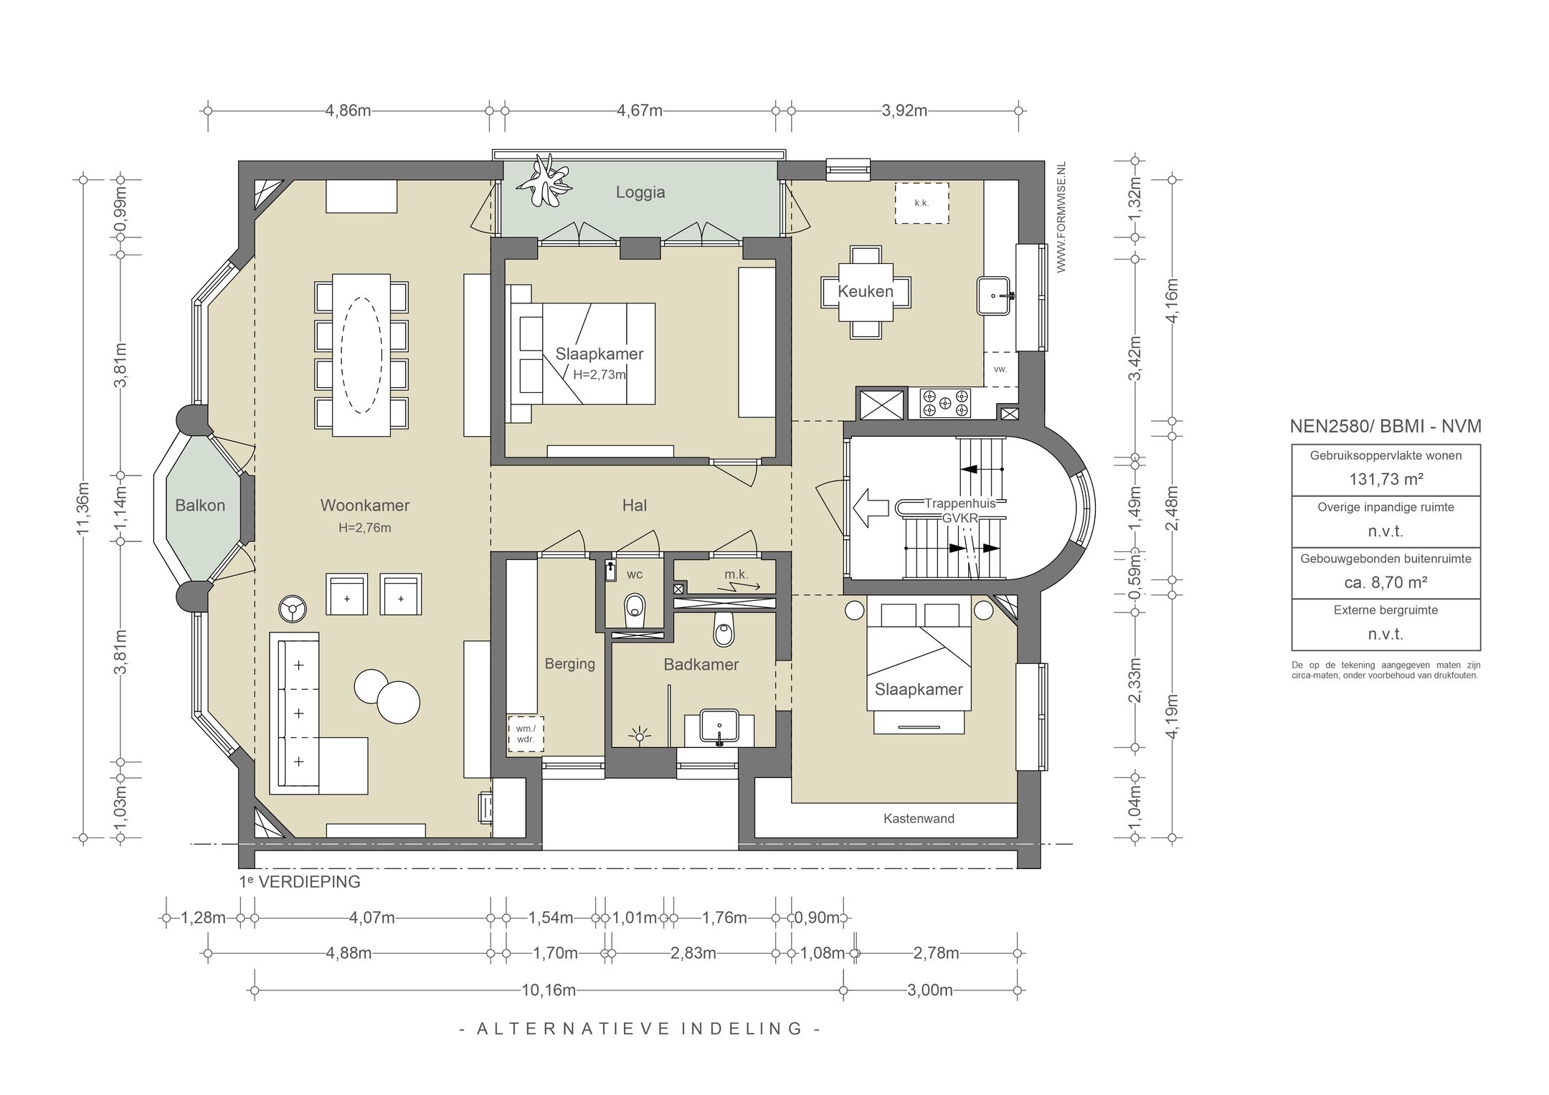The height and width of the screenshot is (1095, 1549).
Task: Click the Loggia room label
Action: [640, 192]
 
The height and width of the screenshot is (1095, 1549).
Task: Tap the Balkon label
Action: [200, 506]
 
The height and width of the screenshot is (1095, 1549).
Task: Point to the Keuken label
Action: [866, 291]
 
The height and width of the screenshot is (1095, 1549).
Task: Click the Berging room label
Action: [570, 664]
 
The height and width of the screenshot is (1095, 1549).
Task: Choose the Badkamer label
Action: [701, 665]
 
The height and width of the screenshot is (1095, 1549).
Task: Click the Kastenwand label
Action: [919, 818]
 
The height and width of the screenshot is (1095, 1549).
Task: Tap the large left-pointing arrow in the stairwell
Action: [868, 508]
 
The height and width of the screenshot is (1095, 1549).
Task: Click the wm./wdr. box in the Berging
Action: [526, 734]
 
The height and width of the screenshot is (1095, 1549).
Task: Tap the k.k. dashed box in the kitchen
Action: [922, 203]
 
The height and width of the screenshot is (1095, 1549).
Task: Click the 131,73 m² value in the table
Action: [1385, 479]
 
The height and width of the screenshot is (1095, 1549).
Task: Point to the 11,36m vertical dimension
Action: [83, 508]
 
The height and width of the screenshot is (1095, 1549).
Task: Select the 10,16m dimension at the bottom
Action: [549, 990]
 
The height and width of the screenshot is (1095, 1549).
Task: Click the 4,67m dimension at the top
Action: [640, 111]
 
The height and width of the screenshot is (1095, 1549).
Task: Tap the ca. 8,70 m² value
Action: [1385, 583]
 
